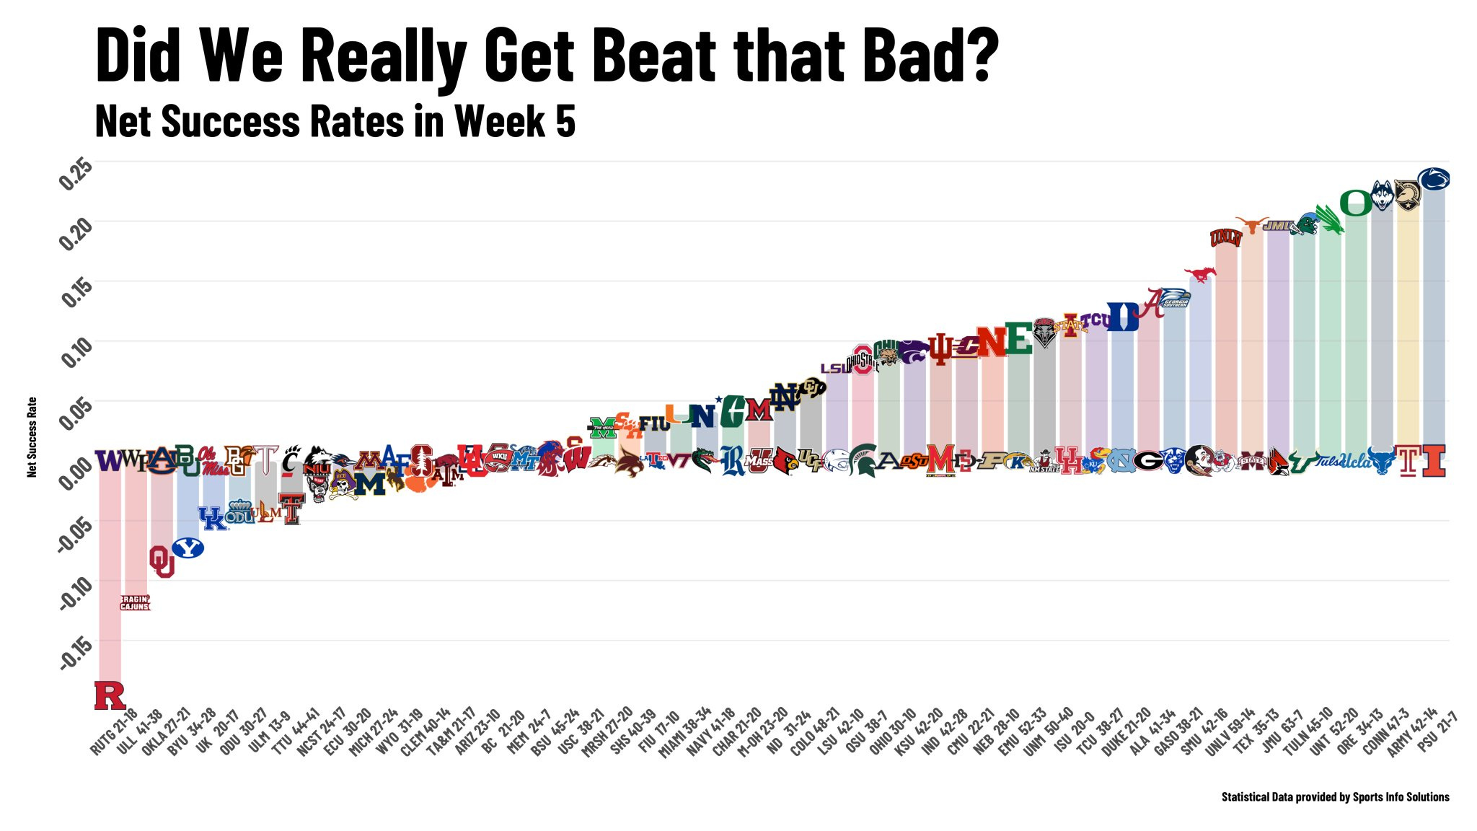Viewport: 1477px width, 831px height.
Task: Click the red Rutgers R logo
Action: [110, 695]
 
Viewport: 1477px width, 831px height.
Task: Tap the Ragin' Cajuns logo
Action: [135, 602]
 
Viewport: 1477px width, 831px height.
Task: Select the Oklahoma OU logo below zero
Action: [162, 561]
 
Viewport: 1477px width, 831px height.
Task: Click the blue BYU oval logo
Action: [188, 548]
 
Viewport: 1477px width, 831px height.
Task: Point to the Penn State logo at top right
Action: [1433, 179]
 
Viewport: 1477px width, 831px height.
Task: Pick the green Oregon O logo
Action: [1356, 203]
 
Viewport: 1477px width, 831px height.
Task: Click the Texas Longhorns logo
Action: [1252, 225]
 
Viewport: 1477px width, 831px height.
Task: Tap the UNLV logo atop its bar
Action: [1225, 237]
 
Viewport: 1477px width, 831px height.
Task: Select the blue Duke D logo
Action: [1122, 317]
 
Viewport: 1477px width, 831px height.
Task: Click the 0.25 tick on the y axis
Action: [76, 173]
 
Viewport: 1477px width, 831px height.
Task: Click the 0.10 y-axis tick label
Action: [76, 353]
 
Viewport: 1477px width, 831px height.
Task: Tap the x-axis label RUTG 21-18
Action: [114, 732]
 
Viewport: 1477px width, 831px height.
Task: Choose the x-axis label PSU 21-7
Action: [1438, 731]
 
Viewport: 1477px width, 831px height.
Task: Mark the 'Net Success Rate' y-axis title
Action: [32, 437]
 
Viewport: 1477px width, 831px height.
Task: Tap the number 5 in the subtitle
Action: [565, 121]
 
